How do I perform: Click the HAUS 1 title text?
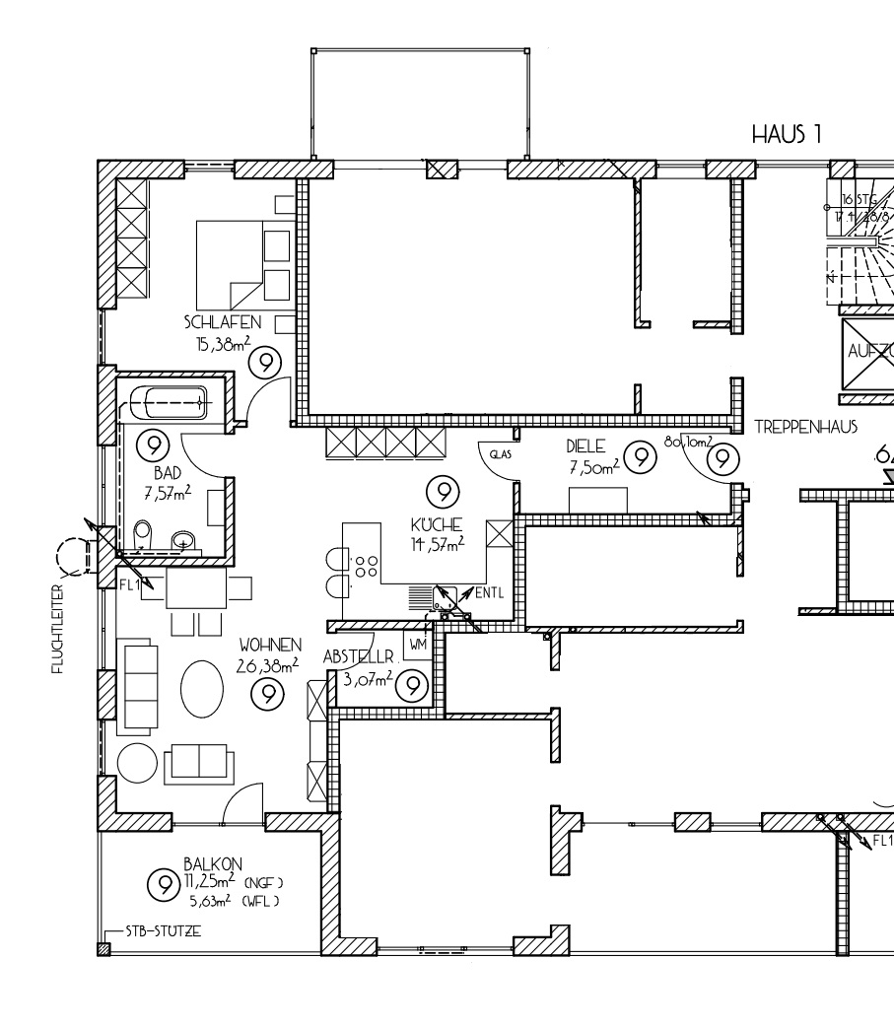pyautogui.click(x=787, y=134)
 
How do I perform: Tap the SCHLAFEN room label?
pyautogui.click(x=222, y=322)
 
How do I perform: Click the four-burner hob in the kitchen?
pyautogui.click(x=366, y=567)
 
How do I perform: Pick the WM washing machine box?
pyautogui.click(x=416, y=645)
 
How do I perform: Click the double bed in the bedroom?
pyautogui.click(x=242, y=263)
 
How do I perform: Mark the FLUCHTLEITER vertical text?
pyautogui.click(x=60, y=628)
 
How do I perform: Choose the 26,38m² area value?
pyautogui.click(x=266, y=667)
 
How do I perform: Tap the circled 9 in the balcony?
pyautogui.click(x=161, y=882)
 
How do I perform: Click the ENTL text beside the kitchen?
pyautogui.click(x=490, y=593)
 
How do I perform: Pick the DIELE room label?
pyautogui.click(x=584, y=445)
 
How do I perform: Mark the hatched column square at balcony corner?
pyautogui.click(x=103, y=949)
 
